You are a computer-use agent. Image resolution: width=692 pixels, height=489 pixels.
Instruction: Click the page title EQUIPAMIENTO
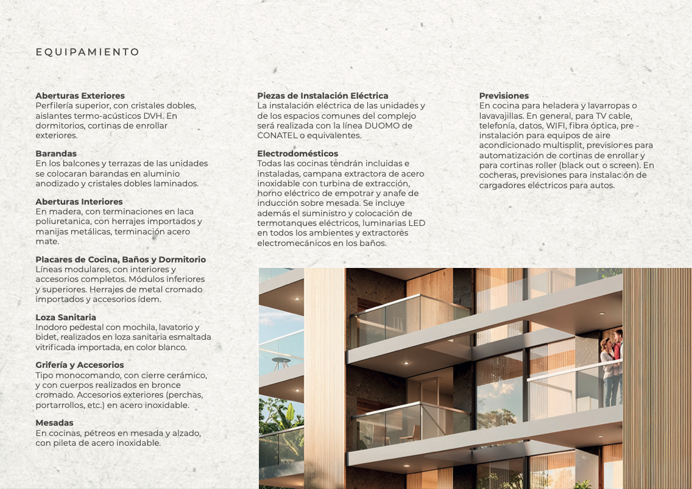pos(88,52)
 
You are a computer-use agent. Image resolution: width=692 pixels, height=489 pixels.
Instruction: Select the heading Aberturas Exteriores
pos(80,96)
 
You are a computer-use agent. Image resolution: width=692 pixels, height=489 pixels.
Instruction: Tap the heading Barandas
pos(56,153)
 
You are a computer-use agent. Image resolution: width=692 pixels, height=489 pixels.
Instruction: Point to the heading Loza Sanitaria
pos(66,317)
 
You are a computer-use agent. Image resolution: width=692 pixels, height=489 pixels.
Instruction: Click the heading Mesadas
pos(54,423)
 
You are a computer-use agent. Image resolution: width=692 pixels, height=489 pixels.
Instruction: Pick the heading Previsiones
pos(504,96)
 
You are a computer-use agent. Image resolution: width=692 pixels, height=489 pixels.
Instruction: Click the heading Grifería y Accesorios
pos(79,365)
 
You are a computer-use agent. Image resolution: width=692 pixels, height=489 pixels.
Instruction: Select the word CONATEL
pos(277,135)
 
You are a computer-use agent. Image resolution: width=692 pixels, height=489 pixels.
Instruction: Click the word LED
pos(417,223)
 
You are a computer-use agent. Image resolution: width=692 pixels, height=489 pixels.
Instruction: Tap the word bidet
pos(46,337)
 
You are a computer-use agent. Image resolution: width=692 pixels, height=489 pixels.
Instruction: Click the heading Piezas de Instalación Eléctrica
pos(322,96)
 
